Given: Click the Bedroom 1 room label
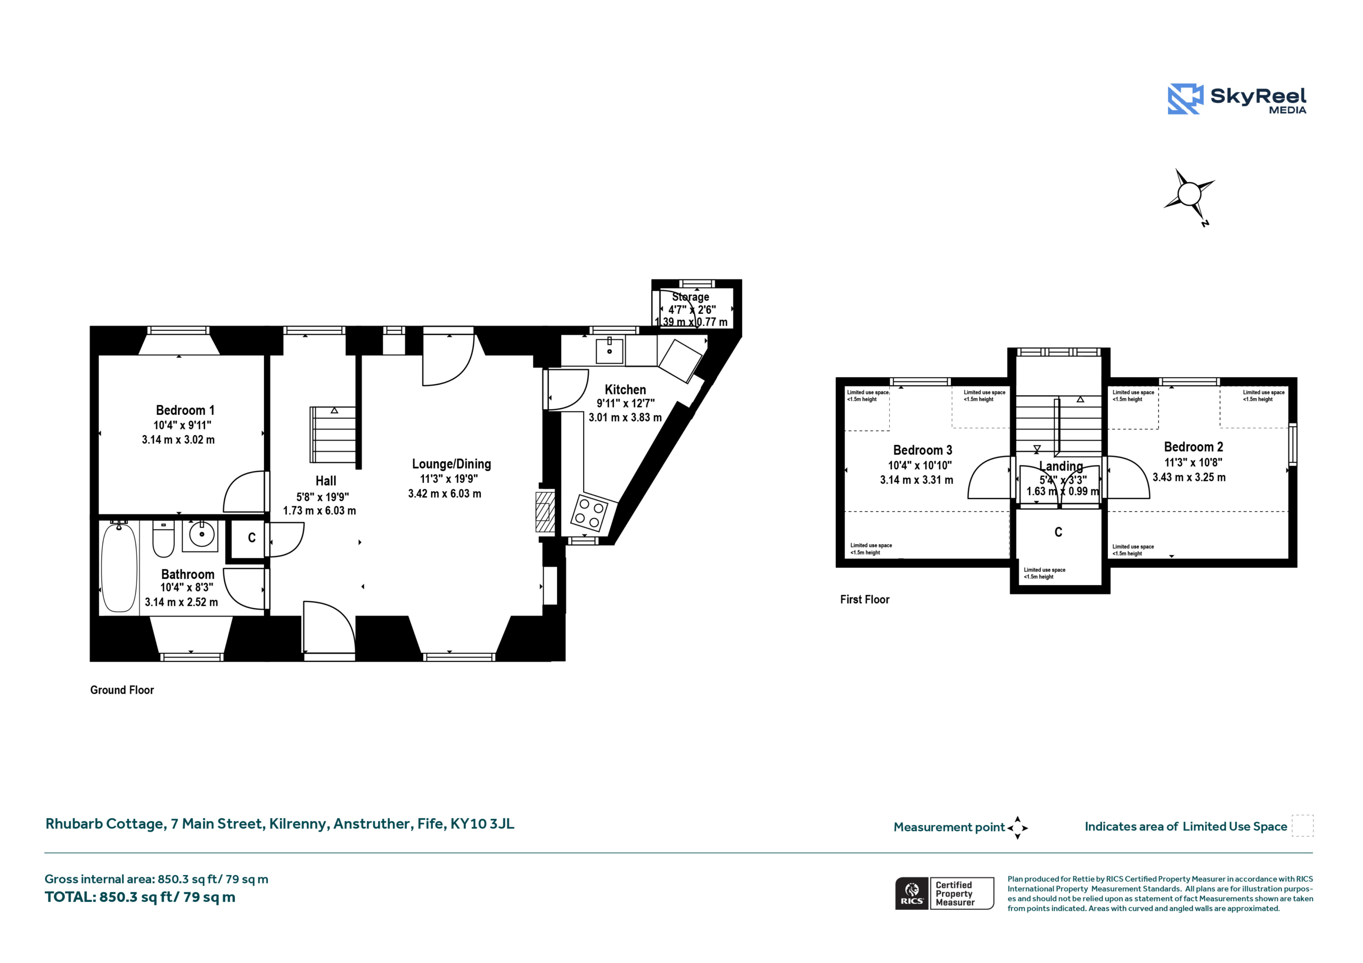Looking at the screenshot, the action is pyautogui.click(x=185, y=410).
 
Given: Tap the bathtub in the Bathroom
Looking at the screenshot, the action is pyautogui.click(x=119, y=567).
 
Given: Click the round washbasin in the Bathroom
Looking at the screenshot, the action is pyautogui.click(x=202, y=535).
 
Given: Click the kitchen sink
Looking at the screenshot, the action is pyautogui.click(x=610, y=351).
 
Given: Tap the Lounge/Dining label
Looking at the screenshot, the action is pyautogui.click(x=452, y=464).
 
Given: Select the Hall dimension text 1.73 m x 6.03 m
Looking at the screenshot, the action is pyautogui.click(x=319, y=510).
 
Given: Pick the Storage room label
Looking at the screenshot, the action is pyautogui.click(x=691, y=297).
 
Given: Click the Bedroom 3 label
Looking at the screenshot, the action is pyautogui.click(x=923, y=450).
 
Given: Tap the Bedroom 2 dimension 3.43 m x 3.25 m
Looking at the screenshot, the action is pyautogui.click(x=1189, y=477).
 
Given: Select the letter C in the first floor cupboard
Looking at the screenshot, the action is pyautogui.click(x=1058, y=532).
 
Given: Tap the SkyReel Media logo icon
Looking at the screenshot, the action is pyautogui.click(x=1186, y=98).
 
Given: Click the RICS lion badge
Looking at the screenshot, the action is pyautogui.click(x=912, y=893).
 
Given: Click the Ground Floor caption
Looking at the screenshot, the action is pyautogui.click(x=122, y=690).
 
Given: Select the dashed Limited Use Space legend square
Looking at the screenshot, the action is pyautogui.click(x=1303, y=825).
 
